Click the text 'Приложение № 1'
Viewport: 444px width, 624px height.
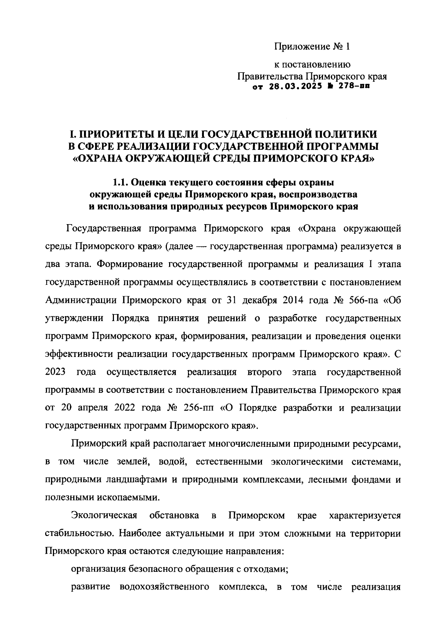(312, 47)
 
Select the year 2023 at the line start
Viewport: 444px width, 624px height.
(55, 372)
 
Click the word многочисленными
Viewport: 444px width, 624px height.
(249, 443)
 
